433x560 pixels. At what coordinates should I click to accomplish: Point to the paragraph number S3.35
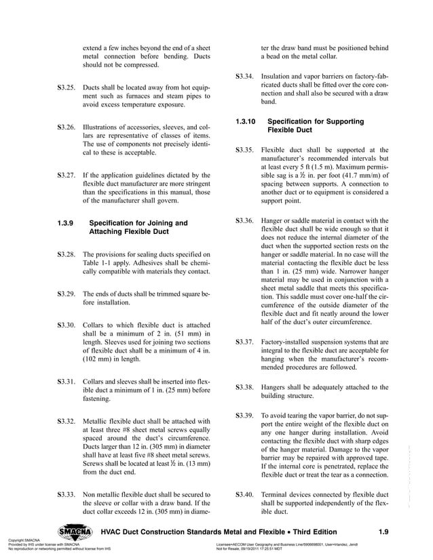point(244,150)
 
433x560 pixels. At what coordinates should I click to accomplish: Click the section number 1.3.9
point(67,222)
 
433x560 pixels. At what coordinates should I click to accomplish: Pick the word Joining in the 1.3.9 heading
point(154,222)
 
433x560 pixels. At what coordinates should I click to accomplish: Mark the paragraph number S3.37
point(244,342)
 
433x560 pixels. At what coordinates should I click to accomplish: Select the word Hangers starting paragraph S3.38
point(275,386)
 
